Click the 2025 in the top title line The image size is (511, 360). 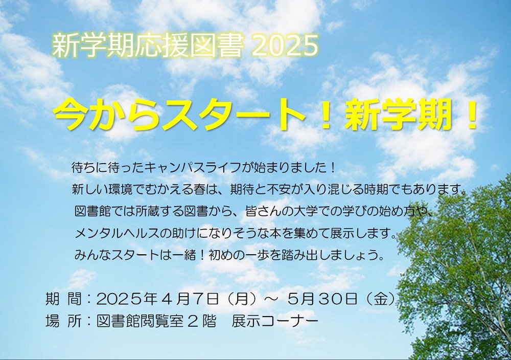click(285, 46)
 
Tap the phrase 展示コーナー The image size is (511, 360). click(275, 322)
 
